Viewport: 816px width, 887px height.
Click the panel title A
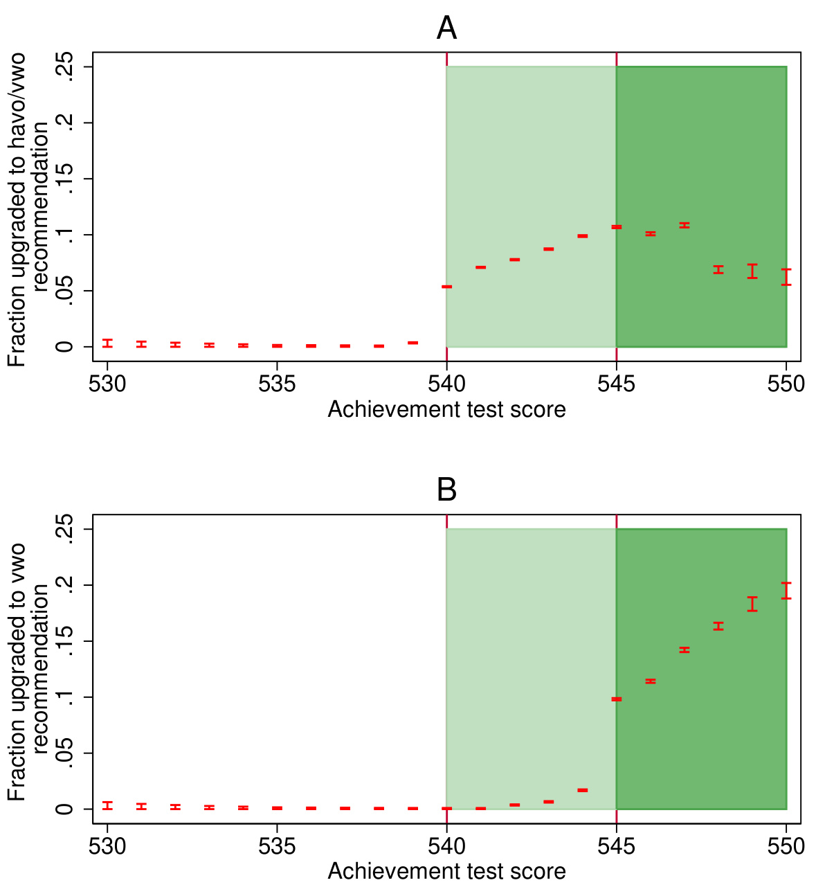pyautogui.click(x=446, y=28)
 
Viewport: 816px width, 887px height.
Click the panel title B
pyautogui.click(x=446, y=490)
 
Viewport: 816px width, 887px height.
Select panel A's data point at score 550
pyautogui.click(x=786, y=277)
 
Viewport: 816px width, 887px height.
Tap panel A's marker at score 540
pyautogui.click(x=446, y=287)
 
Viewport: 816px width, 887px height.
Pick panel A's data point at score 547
pyautogui.click(x=684, y=225)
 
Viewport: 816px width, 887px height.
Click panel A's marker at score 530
pyautogui.click(x=107, y=343)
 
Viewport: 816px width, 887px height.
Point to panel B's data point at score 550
pyautogui.click(x=786, y=591)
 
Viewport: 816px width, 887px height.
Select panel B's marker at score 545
pyautogui.click(x=617, y=699)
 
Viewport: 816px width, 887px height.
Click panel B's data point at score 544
pyautogui.click(x=583, y=790)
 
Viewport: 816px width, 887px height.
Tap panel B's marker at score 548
pyautogui.click(x=718, y=626)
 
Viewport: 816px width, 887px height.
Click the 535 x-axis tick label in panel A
pyautogui.click(x=277, y=384)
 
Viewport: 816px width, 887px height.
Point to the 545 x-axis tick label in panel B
pyautogui.click(x=617, y=846)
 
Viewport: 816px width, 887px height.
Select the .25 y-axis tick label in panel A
pyautogui.click(x=66, y=67)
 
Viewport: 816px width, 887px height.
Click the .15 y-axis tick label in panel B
pyautogui.click(x=66, y=641)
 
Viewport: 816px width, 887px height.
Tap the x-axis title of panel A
pyautogui.click(x=446, y=410)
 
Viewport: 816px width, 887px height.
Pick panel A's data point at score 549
pyautogui.click(x=752, y=271)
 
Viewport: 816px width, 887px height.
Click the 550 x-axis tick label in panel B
pyautogui.click(x=786, y=846)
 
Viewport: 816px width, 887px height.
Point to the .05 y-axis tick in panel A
pyautogui.click(x=66, y=291)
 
